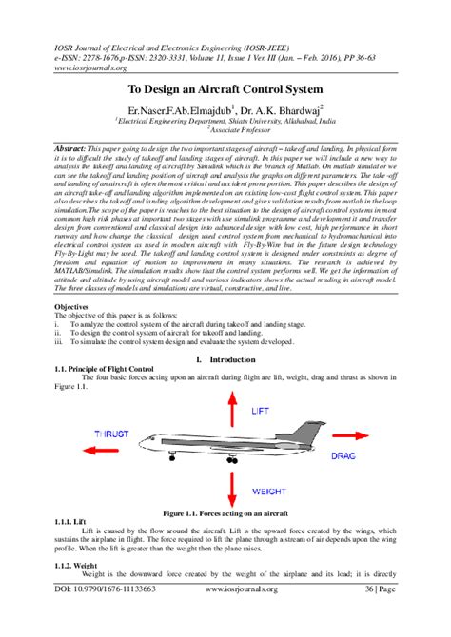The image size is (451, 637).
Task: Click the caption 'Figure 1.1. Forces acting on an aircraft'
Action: (x=225, y=512)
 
